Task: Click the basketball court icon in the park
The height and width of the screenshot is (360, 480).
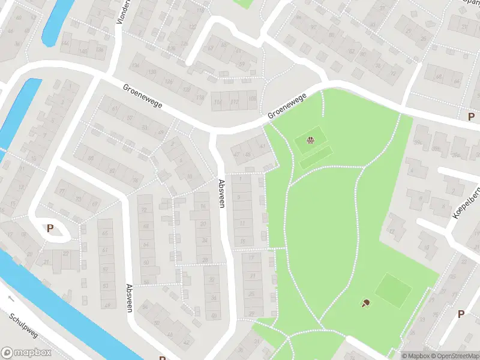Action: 311,140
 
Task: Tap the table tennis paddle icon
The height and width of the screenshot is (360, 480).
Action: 365,303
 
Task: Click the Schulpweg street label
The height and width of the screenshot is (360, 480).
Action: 23,326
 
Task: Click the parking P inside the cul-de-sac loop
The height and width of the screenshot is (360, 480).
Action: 50,228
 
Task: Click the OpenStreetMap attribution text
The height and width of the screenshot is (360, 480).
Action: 454,356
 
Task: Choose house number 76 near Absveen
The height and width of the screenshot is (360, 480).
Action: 135,181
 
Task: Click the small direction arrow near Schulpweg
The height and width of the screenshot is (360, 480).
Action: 10,298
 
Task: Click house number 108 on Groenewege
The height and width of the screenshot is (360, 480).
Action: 251,98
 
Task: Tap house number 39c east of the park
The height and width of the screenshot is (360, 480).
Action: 418,143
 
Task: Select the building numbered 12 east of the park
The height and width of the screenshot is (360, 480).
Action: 394,231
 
